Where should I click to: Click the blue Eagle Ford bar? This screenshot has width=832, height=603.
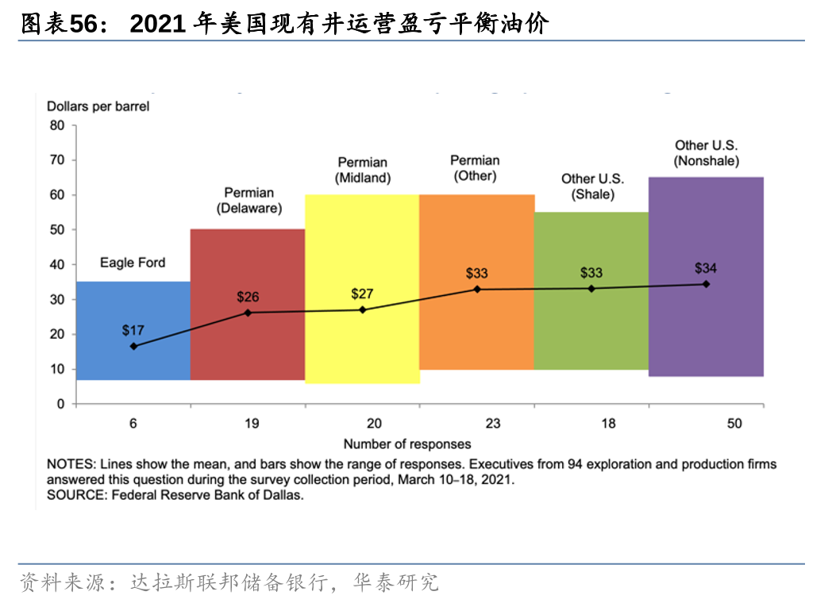[x=133, y=365]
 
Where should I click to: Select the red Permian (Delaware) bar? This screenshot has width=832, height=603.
[x=248, y=349]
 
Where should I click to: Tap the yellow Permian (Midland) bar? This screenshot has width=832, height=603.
[x=362, y=349]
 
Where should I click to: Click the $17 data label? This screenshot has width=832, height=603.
[x=133, y=329]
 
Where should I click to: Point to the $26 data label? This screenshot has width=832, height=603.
[x=248, y=297]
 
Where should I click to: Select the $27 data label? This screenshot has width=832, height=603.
[x=362, y=294]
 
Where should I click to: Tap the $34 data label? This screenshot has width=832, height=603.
[x=705, y=268]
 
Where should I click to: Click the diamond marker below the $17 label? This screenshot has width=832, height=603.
[x=133, y=346]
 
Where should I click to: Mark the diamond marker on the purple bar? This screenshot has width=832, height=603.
[x=706, y=284]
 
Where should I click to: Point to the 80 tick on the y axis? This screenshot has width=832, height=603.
[x=57, y=125]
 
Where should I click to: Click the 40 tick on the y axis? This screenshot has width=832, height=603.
[x=57, y=264]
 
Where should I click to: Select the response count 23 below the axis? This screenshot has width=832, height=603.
[x=492, y=424]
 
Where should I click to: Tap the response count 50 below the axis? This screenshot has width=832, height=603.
[x=734, y=424]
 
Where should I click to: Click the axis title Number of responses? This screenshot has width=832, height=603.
[x=406, y=444]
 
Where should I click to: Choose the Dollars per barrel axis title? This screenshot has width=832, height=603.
[x=98, y=106]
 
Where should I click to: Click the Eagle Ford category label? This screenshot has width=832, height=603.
[x=133, y=263]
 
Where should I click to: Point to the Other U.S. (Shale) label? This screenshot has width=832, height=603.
[x=592, y=186]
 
